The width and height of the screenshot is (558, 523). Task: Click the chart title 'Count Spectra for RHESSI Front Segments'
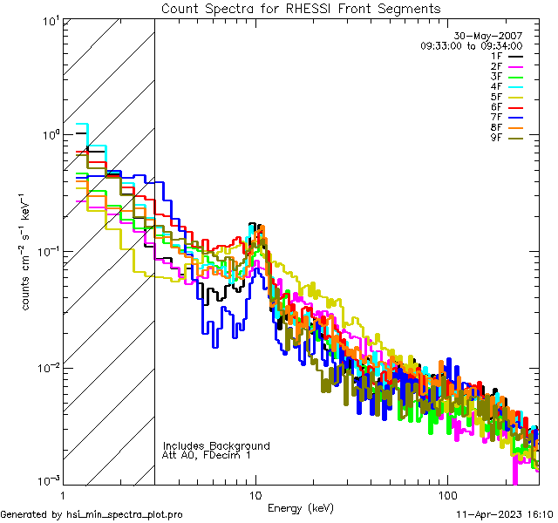[x=301, y=8]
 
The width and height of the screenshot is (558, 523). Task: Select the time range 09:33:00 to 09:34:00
[x=471, y=45]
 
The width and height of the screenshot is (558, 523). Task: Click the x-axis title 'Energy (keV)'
[x=299, y=508]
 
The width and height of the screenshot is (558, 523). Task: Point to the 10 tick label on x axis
[x=255, y=493]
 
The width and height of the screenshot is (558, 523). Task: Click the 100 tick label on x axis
[x=446, y=493]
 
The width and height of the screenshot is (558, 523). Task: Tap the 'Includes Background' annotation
[x=215, y=445]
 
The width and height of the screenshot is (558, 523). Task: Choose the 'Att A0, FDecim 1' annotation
[x=207, y=455]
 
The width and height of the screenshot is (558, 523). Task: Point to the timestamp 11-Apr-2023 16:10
[x=505, y=514]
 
